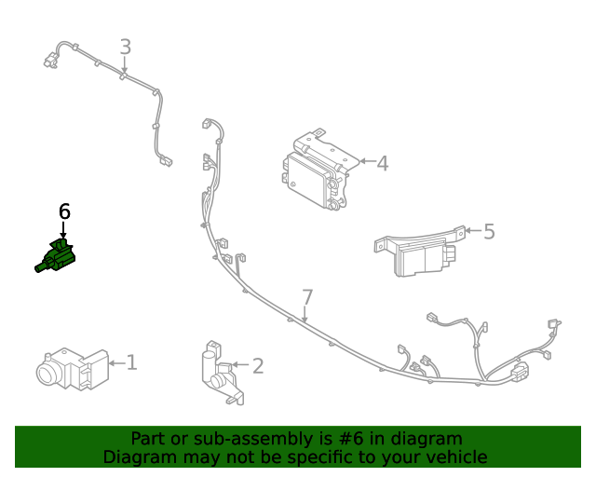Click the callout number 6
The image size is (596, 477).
(64, 211)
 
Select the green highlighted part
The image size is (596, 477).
(56, 256)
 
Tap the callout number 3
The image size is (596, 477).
(126, 47)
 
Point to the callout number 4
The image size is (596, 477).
(383, 163)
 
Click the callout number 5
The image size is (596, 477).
(489, 231)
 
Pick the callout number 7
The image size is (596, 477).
(307, 297)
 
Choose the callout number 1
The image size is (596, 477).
(131, 362)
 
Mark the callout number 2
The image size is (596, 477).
(258, 365)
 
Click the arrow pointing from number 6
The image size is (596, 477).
(63, 230)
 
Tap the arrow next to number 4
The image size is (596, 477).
(367, 161)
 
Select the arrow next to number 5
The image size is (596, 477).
(473, 230)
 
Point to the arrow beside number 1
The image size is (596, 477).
(117, 363)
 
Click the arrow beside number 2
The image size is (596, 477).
(240, 365)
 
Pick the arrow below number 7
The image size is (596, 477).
(305, 315)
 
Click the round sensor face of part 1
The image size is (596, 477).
(48, 373)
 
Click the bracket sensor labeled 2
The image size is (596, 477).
(222, 373)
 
